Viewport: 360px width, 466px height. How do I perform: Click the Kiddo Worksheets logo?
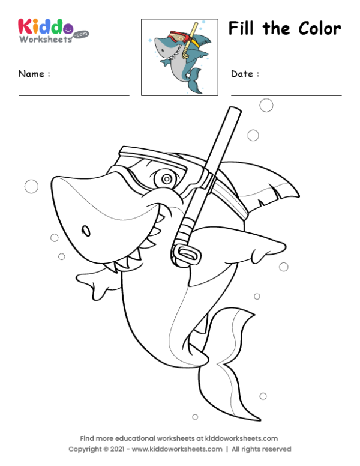click(x=53, y=30)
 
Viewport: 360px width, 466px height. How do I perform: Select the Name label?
click(x=34, y=74)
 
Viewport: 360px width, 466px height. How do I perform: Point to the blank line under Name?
click(x=74, y=95)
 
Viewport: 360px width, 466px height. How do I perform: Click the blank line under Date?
click(x=286, y=95)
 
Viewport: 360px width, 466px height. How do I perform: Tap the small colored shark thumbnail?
click(x=179, y=57)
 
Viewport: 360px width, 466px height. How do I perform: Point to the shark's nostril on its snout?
click(x=86, y=231)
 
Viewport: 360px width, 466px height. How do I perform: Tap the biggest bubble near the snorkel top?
click(x=266, y=106)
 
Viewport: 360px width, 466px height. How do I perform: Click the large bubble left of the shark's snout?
click(x=31, y=186)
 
